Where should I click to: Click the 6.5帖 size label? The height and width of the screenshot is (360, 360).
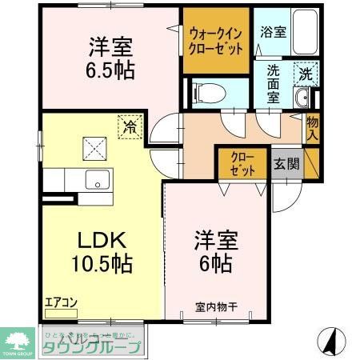(106, 68)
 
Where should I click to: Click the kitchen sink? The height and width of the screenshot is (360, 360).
(98, 180)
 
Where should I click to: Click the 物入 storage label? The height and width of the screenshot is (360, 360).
(313, 128)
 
